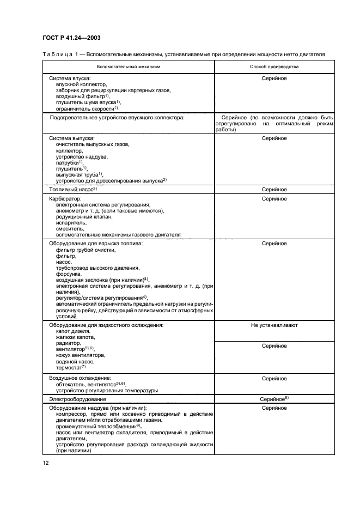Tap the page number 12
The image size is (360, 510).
pos(46,463)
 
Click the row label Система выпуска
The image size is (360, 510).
pos(71,138)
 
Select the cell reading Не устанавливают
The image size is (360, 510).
pos(274,325)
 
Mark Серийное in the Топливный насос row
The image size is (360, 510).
pos(274,189)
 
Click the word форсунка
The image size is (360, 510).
pos(69,275)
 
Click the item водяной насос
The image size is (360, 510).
pos(75,361)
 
